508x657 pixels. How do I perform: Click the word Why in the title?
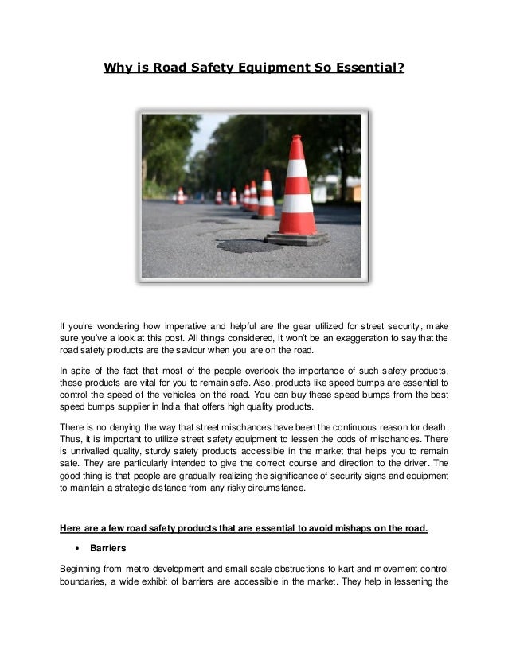(117, 68)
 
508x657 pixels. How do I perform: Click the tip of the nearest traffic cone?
(296, 138)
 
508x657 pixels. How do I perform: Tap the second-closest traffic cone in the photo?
(266, 194)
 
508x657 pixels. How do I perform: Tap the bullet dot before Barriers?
(75, 548)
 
